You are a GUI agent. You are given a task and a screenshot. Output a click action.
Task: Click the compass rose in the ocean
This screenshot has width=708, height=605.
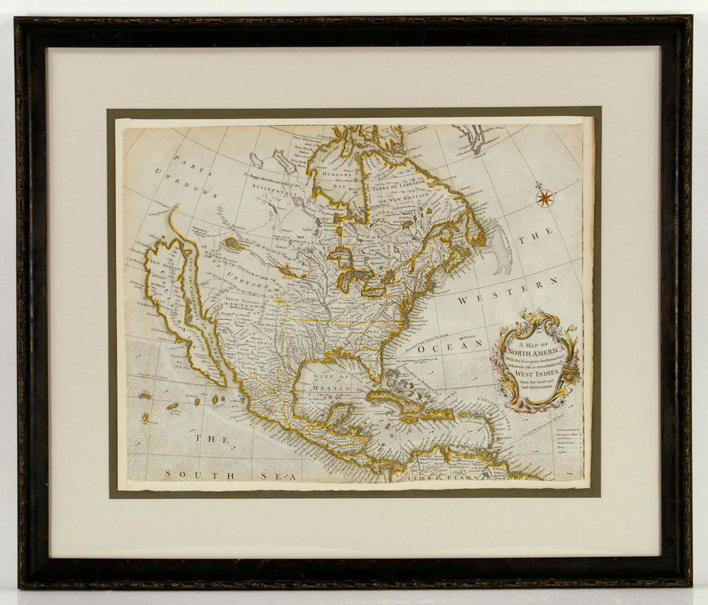tap(544, 197)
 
